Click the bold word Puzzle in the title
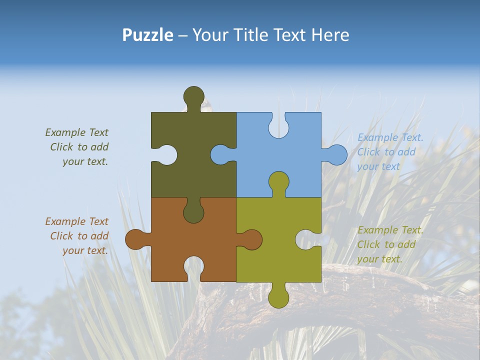click(147, 35)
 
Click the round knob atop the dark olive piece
click(193, 95)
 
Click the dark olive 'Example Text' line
click(76, 132)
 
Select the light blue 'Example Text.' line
click(390, 137)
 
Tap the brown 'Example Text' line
click(76, 221)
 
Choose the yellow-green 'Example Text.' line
click(390, 230)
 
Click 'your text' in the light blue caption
click(378, 166)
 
